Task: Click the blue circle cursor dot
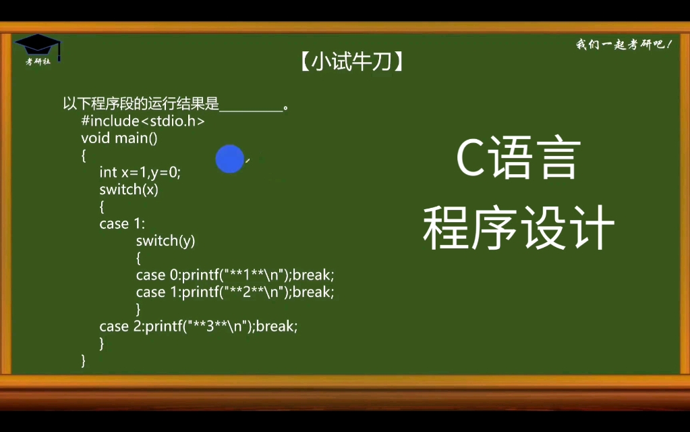(229, 159)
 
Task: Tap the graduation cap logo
(38, 45)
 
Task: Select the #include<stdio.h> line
(142, 122)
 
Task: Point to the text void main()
(119, 138)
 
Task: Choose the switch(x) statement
(128, 189)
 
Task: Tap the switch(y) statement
(165, 240)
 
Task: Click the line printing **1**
(235, 275)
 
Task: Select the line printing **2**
(235, 292)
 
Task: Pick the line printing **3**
(198, 326)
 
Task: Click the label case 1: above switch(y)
(122, 223)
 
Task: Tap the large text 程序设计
(518, 228)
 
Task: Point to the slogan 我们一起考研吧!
(623, 45)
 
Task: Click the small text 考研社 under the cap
(38, 61)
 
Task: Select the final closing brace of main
(84, 360)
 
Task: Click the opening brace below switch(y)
(138, 258)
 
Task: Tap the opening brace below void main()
(84, 155)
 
